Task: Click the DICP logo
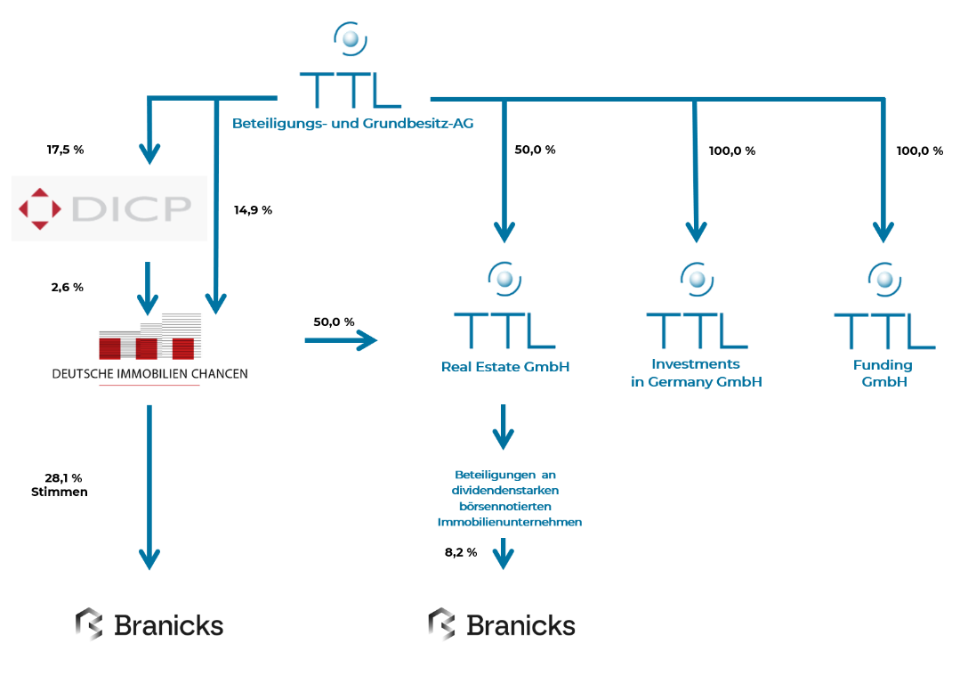tap(109, 208)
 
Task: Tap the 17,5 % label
tap(65, 150)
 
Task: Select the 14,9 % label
tap(254, 210)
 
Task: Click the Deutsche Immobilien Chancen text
tap(149, 374)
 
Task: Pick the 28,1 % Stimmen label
tap(60, 485)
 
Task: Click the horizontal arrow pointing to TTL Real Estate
tap(341, 339)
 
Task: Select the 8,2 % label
tap(461, 552)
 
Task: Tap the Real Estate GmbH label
tap(504, 366)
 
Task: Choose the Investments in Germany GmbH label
tap(697, 373)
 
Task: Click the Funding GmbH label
tap(883, 373)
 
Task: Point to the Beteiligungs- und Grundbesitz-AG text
tap(352, 124)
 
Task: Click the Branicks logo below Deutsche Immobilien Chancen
tap(149, 624)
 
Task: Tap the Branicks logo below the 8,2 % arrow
tap(502, 624)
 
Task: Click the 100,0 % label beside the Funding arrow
tap(919, 151)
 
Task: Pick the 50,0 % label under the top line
tap(535, 150)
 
